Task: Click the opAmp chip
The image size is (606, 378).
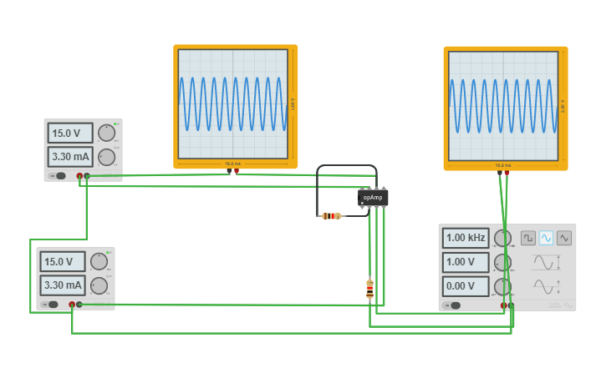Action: tap(373, 198)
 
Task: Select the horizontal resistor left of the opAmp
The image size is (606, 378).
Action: tap(332, 216)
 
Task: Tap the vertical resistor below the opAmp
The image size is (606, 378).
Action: tap(369, 289)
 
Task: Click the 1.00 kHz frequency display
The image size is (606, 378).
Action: tap(466, 238)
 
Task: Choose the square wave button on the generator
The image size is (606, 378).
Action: tap(528, 238)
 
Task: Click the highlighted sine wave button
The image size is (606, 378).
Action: tap(547, 238)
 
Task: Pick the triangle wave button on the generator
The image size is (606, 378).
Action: tap(564, 238)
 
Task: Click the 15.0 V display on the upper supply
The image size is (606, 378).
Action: tap(70, 134)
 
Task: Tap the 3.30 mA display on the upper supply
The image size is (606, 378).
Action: tap(70, 156)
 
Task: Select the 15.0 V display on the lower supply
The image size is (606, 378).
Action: tap(63, 261)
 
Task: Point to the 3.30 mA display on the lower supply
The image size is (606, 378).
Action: tap(63, 285)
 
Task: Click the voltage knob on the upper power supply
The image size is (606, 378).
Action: tap(106, 133)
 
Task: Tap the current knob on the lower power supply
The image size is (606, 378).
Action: tap(99, 285)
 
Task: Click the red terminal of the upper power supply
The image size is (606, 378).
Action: tap(80, 176)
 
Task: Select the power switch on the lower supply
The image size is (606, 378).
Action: tap(52, 305)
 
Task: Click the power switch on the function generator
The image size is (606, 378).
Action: tap(455, 305)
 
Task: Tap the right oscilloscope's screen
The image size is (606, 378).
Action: tap(503, 106)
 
